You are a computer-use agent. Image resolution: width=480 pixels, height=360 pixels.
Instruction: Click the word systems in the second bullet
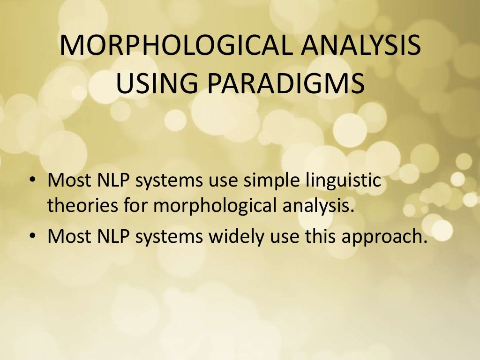click(170, 238)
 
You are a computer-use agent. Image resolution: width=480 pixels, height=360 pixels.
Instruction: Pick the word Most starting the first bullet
click(68, 180)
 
